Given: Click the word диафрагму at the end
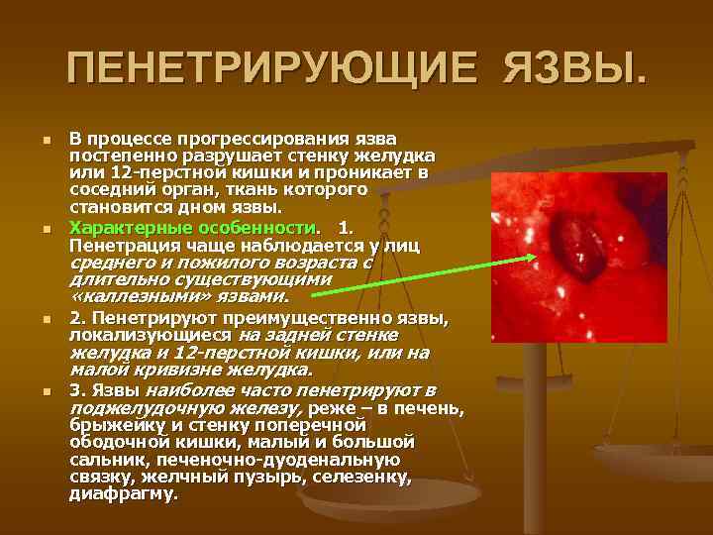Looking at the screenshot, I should click(122, 492).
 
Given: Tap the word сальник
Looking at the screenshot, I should click(101, 460).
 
